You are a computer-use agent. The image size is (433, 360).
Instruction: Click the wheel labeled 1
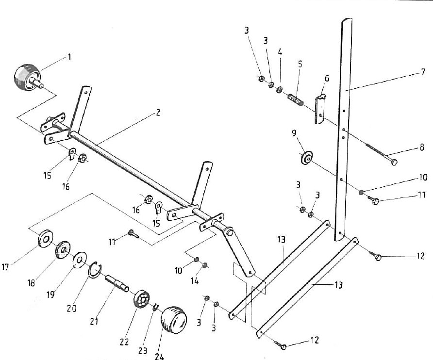click(27, 77)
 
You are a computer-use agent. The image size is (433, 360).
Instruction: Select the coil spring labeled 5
click(296, 99)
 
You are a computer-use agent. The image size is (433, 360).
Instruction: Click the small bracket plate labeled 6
click(320, 109)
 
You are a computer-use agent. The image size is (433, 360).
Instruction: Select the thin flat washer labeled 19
click(80, 260)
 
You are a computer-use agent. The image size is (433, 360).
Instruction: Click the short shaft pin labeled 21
click(117, 283)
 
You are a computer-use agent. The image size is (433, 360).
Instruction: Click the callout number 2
click(158, 113)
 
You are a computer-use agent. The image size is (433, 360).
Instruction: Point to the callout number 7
click(423, 72)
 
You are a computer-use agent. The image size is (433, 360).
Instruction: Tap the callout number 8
click(422, 147)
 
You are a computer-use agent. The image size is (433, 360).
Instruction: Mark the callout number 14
click(194, 281)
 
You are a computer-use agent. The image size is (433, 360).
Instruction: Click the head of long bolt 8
click(394, 162)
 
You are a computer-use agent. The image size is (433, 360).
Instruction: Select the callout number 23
click(143, 350)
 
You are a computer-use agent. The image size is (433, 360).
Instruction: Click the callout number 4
click(280, 52)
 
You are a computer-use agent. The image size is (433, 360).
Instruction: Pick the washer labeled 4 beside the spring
click(280, 89)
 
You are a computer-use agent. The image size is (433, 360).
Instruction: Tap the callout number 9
click(294, 133)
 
